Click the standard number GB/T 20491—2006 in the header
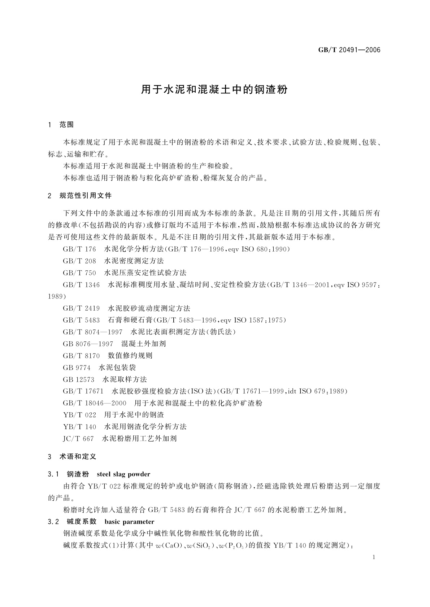[349, 50]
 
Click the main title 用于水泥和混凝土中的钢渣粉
[214, 90]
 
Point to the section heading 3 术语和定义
[72, 457]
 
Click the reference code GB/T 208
[79, 261]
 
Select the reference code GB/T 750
[79, 273]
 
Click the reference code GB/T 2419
[81, 308]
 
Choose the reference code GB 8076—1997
[88, 344]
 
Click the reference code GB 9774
[77, 368]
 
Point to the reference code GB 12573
[78, 380]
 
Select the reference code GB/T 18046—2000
[95, 403]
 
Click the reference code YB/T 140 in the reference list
[79, 427]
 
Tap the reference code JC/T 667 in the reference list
[78, 439]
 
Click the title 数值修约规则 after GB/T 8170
[130, 356]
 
